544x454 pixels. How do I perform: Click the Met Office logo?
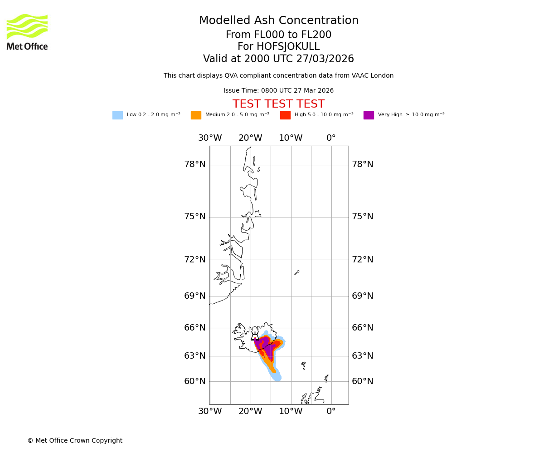(x=27, y=32)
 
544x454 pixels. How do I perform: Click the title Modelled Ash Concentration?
(x=278, y=21)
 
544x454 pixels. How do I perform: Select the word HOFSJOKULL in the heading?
(x=278, y=47)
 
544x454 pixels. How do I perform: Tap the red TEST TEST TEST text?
(x=278, y=104)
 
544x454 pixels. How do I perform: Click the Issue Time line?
(x=278, y=91)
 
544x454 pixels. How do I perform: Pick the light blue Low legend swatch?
(x=117, y=115)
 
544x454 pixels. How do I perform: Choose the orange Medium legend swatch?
(x=196, y=115)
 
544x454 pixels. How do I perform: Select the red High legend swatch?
(x=285, y=115)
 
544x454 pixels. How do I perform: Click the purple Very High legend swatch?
(x=369, y=115)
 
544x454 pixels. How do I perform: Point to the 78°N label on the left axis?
(x=194, y=164)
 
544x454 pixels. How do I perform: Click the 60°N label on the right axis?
(x=362, y=381)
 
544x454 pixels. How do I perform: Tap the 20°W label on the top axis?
(x=250, y=138)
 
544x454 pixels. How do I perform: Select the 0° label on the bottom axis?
(x=331, y=411)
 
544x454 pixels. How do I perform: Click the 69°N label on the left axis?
(x=194, y=296)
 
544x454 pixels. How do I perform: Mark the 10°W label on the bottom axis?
(x=291, y=411)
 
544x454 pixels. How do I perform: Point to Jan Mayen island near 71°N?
(x=297, y=272)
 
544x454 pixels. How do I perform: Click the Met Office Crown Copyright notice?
(x=75, y=441)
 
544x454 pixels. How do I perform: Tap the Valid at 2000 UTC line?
(x=278, y=59)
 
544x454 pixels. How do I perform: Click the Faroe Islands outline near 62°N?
(x=304, y=365)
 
